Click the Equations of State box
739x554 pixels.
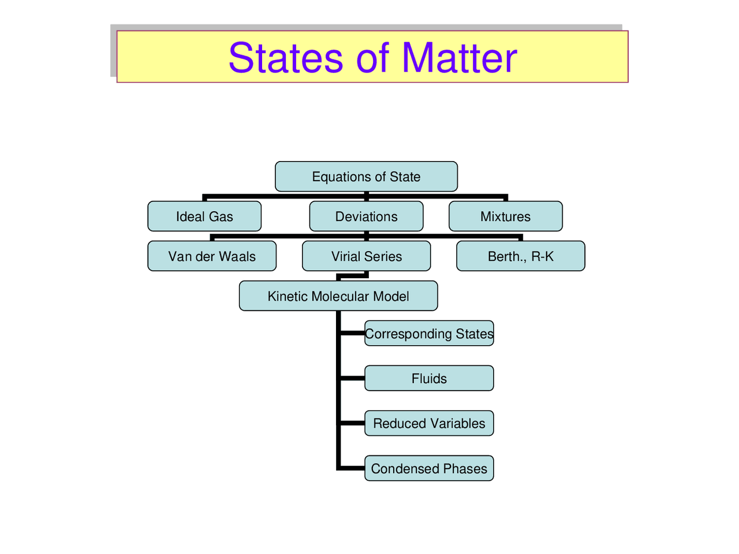(366, 177)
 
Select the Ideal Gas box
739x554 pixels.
(204, 216)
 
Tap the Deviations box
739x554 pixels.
(366, 216)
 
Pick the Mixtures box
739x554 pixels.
(505, 216)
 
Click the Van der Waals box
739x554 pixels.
(212, 256)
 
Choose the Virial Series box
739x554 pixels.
(366, 256)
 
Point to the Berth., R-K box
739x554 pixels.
(520, 256)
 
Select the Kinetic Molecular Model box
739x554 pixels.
(338, 296)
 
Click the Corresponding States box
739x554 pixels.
(429, 334)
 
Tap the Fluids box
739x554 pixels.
(429, 379)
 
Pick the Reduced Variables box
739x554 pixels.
(429, 424)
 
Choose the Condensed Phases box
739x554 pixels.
(429, 469)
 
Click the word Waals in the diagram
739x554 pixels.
(236, 256)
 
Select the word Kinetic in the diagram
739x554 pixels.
(288, 296)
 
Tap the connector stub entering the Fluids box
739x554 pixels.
(352, 379)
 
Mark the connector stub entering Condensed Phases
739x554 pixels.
(352, 468)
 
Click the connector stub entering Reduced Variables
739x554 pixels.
(352, 424)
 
